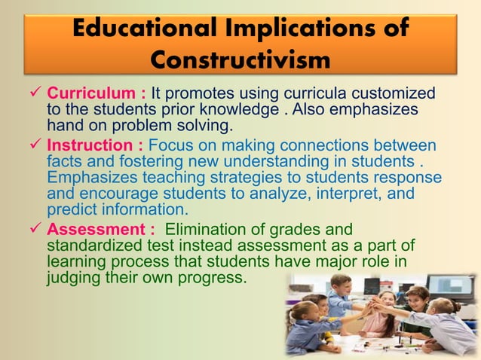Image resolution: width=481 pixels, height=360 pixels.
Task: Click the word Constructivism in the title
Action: tap(240, 58)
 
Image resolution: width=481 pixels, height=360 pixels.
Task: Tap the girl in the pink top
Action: tap(377, 316)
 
